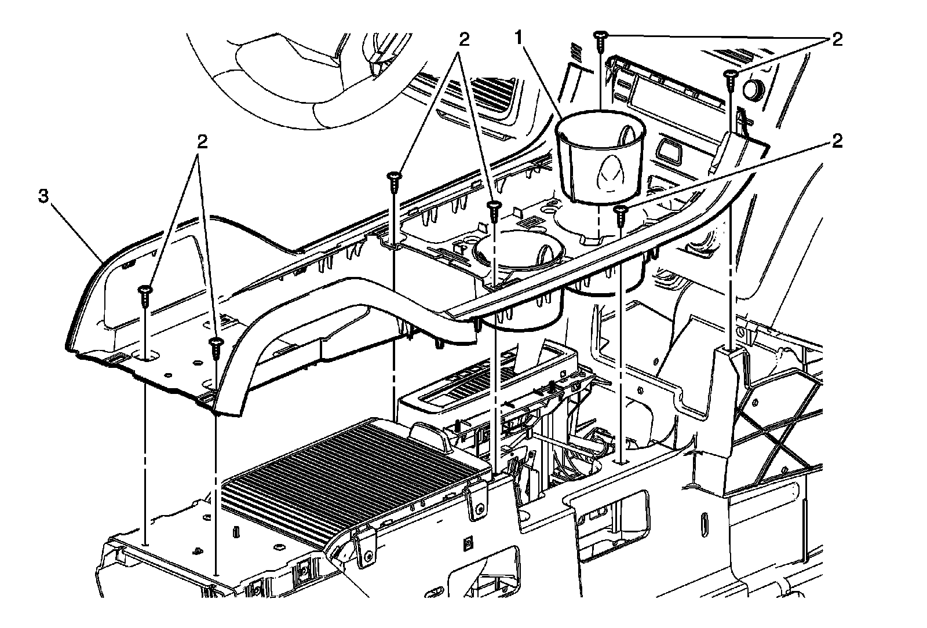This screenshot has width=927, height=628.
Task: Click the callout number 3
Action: [x=43, y=196]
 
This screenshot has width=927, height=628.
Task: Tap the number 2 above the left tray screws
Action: [x=202, y=142]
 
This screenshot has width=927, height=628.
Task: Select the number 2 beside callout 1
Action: [x=464, y=39]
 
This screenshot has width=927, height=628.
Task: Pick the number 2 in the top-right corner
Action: [x=837, y=40]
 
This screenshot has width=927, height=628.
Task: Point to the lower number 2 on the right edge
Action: [x=837, y=142]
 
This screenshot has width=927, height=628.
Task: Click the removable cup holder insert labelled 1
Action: [x=600, y=157]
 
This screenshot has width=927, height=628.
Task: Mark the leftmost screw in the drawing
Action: [x=145, y=296]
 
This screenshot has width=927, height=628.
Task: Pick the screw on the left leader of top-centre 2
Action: [x=394, y=182]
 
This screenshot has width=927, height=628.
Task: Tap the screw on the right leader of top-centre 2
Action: [x=494, y=211]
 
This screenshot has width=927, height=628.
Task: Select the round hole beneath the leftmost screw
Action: [x=146, y=356]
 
